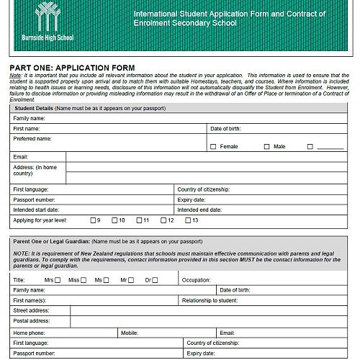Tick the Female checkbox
pos(213,146)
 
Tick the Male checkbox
pos(266,146)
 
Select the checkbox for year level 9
pos(92,220)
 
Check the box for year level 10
pos(114,220)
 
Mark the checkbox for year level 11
pos(138,220)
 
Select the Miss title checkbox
pos(84,279)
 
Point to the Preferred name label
pos(32,138)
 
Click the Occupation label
pos(196,279)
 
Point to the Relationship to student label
pos(210,300)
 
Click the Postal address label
pos(32,321)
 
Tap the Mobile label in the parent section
pos(130,333)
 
